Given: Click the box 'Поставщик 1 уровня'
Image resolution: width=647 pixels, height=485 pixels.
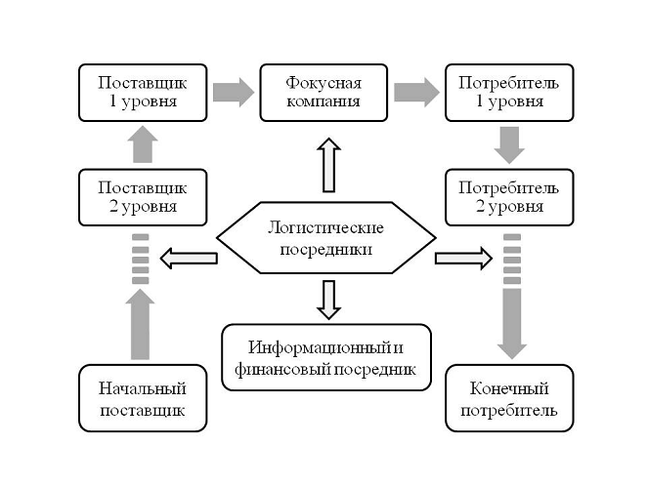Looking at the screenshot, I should click(143, 92).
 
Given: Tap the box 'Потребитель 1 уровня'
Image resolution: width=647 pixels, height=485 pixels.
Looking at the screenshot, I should click(510, 92).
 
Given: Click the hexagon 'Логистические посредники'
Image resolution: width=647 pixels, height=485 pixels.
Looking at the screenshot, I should click(326, 238).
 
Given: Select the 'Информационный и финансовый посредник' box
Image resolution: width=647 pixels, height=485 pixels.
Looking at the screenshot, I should click(326, 358).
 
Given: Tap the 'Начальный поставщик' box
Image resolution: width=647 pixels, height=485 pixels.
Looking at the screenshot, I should click(143, 398).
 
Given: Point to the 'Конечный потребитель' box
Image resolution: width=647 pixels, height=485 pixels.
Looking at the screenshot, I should click(510, 398).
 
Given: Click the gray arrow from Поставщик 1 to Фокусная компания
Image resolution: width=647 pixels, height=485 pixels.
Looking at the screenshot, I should click(233, 93).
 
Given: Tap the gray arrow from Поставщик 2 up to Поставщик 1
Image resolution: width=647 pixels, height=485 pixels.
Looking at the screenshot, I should click(143, 145).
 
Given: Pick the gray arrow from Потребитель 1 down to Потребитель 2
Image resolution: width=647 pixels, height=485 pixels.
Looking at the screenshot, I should click(510, 144).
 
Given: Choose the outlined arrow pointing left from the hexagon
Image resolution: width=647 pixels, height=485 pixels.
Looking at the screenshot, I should click(188, 259).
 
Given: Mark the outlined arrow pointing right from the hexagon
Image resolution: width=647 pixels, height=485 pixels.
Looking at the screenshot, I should click(464, 259).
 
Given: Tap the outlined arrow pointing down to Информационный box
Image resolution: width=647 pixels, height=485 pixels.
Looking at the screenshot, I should click(326, 299).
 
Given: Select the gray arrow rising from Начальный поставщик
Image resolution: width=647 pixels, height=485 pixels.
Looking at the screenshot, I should click(143, 327).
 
